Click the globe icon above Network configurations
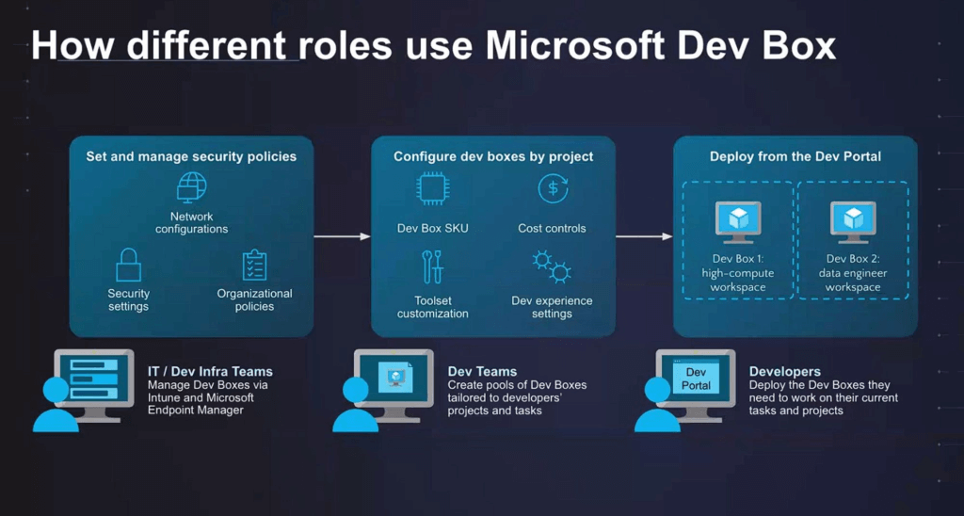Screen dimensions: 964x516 (191, 187)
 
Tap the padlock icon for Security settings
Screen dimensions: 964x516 (128, 266)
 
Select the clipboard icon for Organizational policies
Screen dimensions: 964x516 (254, 266)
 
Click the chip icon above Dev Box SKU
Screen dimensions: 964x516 (432, 188)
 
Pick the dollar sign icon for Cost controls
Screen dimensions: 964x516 (552, 188)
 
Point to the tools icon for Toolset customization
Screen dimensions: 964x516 (433, 266)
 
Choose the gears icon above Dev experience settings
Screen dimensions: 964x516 (552, 266)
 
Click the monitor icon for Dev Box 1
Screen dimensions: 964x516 (738, 222)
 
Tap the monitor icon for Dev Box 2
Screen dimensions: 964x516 (853, 222)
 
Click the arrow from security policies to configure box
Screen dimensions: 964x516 (343, 236)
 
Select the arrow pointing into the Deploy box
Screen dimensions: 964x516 (644, 236)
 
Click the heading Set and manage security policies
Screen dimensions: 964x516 (191, 157)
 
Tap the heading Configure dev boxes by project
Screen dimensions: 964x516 (493, 157)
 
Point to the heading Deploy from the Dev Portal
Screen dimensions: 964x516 (795, 157)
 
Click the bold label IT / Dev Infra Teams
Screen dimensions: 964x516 (210, 372)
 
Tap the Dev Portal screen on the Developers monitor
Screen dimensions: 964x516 (696, 379)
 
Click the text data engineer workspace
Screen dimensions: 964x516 (853, 281)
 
